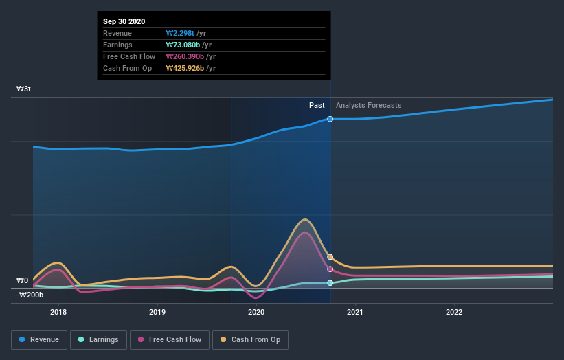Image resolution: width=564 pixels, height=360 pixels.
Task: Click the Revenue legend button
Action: tap(39, 339)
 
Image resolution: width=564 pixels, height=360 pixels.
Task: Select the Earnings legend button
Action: tap(98, 339)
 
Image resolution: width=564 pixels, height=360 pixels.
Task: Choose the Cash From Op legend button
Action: tap(250, 339)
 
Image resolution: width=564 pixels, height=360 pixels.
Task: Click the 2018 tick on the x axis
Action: tap(58, 312)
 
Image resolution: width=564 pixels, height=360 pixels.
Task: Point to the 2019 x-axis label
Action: tap(157, 312)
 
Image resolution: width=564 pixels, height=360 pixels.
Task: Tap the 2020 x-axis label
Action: tap(256, 312)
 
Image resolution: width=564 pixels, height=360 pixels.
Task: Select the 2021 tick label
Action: tap(355, 312)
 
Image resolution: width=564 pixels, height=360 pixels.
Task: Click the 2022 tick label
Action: tap(454, 312)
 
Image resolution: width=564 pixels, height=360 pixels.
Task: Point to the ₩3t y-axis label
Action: tap(24, 89)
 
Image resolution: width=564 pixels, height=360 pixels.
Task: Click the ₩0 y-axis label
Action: tap(23, 280)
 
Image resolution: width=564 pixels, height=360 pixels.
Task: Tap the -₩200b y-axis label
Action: tap(30, 295)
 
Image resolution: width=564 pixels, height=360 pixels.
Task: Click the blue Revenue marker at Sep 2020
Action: tap(330, 119)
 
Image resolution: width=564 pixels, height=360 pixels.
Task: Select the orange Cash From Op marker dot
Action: tap(330, 257)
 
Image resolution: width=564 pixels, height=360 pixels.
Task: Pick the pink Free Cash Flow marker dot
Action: tap(330, 269)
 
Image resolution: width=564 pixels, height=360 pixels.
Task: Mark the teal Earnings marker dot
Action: tap(330, 282)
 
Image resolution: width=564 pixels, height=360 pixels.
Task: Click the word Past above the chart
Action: tap(317, 105)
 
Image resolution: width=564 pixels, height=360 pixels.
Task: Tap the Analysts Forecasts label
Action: tap(369, 105)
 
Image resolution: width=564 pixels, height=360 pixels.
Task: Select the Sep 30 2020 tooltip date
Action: tap(124, 22)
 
